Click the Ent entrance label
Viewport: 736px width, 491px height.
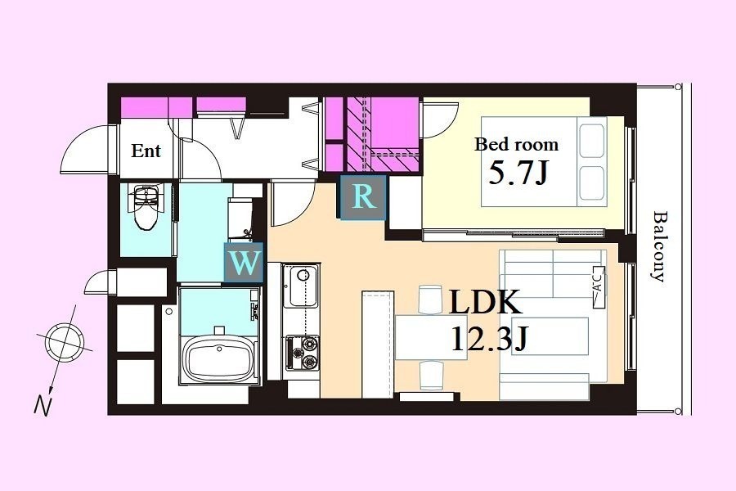point(146,151)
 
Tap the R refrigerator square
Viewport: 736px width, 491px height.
point(363,197)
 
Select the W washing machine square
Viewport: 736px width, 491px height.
point(244,263)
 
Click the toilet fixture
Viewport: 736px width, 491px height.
point(146,207)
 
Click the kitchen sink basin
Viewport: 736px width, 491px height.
point(301,286)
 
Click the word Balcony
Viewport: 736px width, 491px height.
point(659,246)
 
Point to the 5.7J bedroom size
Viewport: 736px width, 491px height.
point(518,173)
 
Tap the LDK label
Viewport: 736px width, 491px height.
point(485,302)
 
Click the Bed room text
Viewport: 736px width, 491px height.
point(517,144)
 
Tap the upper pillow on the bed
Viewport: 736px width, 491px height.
point(591,141)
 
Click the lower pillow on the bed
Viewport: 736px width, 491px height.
point(591,182)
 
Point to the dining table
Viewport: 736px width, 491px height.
point(431,337)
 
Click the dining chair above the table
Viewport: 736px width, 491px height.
point(431,300)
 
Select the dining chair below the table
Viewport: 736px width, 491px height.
point(431,375)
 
